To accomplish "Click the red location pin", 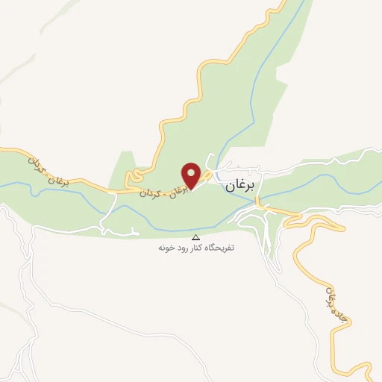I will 192,175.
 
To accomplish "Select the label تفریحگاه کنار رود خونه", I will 196,247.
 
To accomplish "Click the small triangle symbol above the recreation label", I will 196,236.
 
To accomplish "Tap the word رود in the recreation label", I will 185,247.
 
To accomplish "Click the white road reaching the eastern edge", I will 369,154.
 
